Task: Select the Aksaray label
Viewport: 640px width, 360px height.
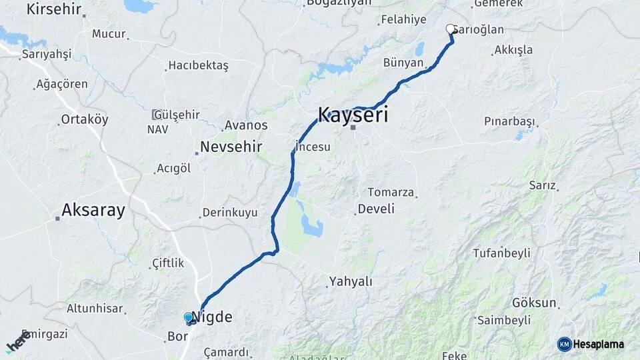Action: coord(93,211)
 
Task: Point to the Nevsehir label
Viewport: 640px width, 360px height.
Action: coord(231,147)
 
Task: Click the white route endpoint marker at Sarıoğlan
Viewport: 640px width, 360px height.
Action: coord(451,29)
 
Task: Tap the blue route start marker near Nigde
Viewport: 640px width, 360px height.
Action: coord(189,318)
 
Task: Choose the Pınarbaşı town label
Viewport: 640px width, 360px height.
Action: coord(510,121)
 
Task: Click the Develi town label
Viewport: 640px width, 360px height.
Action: coord(376,209)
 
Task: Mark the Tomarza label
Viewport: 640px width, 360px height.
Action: coord(391,192)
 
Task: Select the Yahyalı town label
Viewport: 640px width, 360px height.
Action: coord(350,281)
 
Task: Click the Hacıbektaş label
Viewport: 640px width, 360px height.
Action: coord(198,65)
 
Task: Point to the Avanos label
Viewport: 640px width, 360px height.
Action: coord(246,125)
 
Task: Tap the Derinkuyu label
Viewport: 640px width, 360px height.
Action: coord(229,213)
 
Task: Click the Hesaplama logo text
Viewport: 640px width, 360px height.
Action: coord(599,344)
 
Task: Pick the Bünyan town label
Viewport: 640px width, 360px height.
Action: coord(403,63)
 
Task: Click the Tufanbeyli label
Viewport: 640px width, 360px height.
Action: coord(501,253)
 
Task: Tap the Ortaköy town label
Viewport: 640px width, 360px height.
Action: coord(84,119)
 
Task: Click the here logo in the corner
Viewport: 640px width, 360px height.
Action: coord(17,341)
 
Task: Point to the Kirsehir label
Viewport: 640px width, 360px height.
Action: coord(53,9)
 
